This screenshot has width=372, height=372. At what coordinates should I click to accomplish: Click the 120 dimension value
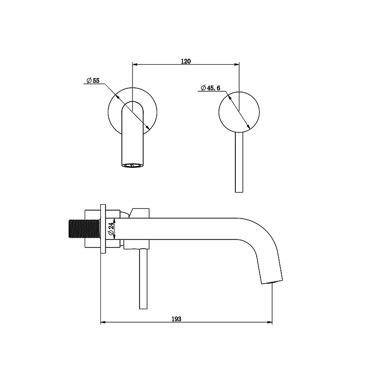(x=186, y=61)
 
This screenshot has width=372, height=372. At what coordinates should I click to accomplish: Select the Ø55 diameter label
(x=93, y=80)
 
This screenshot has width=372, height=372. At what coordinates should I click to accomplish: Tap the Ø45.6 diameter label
(x=211, y=88)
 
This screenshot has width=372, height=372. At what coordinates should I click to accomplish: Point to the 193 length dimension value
(x=176, y=319)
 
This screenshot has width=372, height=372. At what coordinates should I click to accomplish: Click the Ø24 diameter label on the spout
(x=112, y=229)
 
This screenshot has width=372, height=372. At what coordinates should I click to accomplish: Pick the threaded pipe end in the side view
(x=84, y=229)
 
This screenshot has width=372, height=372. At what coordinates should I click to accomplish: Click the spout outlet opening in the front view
(x=133, y=166)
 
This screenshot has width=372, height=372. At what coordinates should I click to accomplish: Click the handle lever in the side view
(x=143, y=279)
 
